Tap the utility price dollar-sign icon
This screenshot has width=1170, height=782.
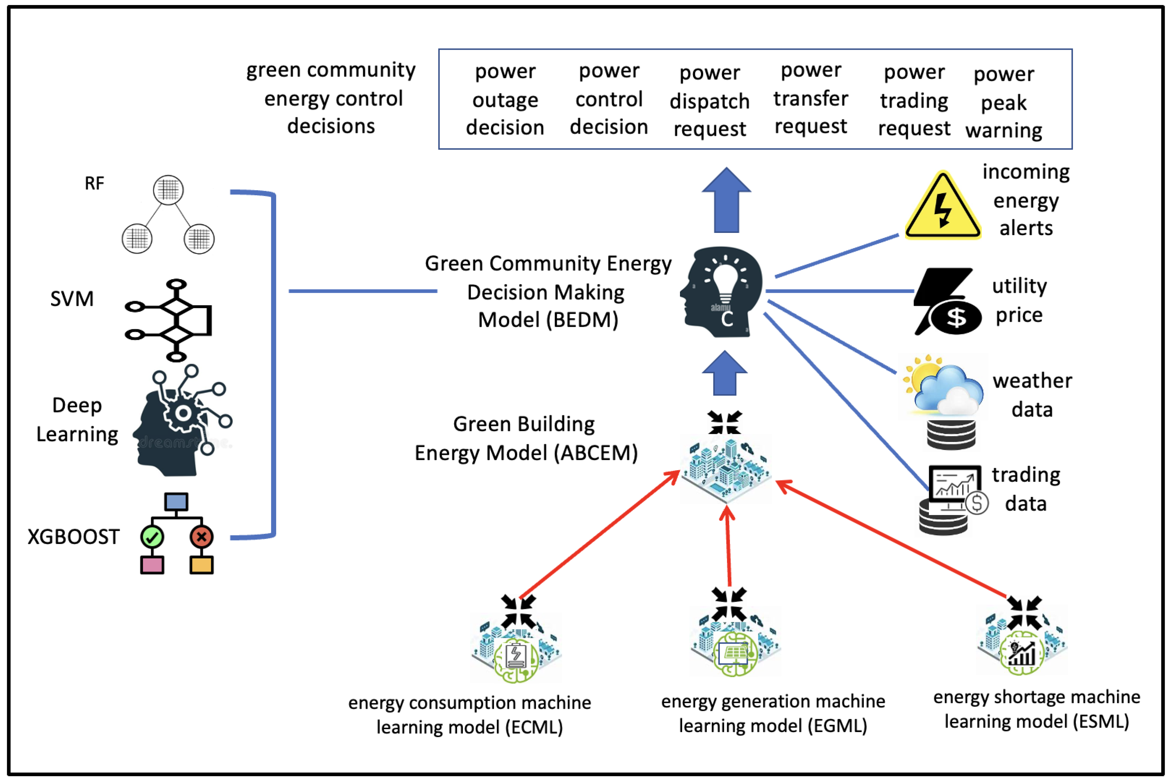947,301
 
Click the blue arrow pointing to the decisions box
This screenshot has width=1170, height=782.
726,200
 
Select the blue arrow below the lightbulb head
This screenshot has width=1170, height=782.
725,373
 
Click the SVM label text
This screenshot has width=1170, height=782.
72,299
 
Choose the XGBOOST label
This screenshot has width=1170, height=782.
73,537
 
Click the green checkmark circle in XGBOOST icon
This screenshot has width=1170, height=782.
152,537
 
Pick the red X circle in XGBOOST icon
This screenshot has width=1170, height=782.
202,537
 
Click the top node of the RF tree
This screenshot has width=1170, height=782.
168,189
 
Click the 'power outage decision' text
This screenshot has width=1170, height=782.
505,99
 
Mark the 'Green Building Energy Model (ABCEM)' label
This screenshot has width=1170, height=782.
526,438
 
